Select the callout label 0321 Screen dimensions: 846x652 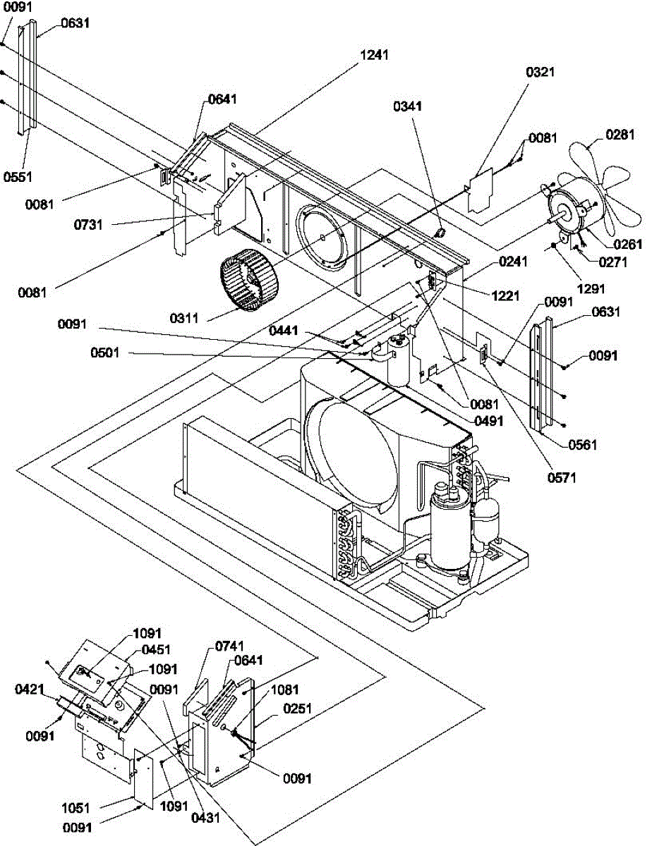(541, 71)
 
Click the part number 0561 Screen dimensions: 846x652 (581, 444)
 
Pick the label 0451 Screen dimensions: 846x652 (157, 650)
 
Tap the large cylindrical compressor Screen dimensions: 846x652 (450, 525)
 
